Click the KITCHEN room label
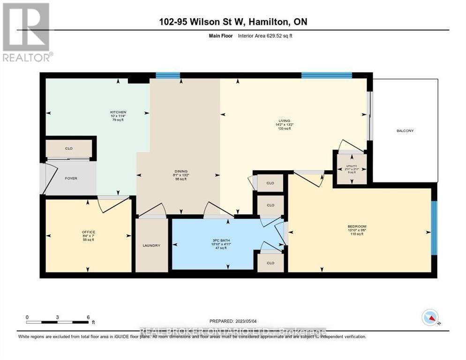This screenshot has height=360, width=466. point(118,112)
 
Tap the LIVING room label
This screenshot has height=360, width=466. point(284,121)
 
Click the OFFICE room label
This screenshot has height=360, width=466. point(89,232)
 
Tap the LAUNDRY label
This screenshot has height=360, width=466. point(152,245)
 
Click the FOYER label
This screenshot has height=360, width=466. point(71,178)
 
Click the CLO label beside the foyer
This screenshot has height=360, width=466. point(68,148)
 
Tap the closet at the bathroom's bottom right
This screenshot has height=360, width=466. point(271,263)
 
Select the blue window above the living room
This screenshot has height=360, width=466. point(326,75)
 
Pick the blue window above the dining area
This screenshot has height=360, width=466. point(167,75)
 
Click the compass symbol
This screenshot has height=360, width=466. point(430,317)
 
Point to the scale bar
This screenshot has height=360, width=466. point(58,322)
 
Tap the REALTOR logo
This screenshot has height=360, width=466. point(27,32)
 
